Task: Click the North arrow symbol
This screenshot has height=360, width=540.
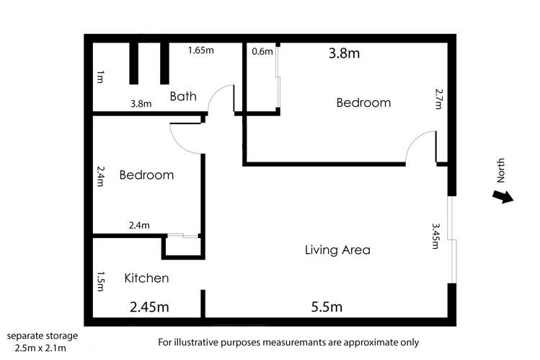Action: (x=502, y=196)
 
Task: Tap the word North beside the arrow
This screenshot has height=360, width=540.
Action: (x=502, y=170)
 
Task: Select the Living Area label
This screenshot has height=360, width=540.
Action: (x=337, y=250)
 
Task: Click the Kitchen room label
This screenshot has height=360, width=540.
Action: (x=146, y=278)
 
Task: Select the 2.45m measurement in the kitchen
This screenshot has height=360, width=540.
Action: (x=149, y=307)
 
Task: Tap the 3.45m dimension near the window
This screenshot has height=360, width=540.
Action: (x=435, y=235)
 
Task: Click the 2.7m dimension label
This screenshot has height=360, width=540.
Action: (x=439, y=99)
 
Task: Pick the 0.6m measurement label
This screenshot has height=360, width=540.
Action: (x=262, y=51)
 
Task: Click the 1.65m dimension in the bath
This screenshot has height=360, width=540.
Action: (x=201, y=51)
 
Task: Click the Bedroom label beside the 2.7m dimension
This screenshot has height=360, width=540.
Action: (x=363, y=102)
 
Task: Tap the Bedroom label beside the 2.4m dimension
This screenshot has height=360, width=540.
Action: (x=146, y=175)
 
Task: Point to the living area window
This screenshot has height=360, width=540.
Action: (x=451, y=240)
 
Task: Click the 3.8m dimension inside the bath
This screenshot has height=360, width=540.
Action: (x=141, y=103)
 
